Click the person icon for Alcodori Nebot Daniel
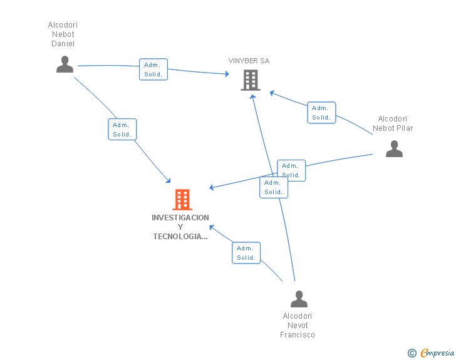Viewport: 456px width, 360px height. click(x=65, y=64)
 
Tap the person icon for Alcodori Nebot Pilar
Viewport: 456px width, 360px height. click(x=394, y=148)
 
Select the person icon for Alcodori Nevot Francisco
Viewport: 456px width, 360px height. click(x=299, y=299)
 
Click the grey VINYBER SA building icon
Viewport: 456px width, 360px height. click(x=251, y=80)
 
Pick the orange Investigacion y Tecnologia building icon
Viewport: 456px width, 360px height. click(x=182, y=200)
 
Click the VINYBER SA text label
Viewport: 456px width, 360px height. click(x=249, y=61)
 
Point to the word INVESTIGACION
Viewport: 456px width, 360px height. click(x=180, y=217)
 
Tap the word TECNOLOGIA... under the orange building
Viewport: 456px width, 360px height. click(x=180, y=237)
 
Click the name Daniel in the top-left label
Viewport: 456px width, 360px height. click(x=63, y=44)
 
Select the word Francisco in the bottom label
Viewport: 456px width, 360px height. click(x=297, y=335)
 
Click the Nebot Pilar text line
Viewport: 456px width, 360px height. click(x=393, y=128)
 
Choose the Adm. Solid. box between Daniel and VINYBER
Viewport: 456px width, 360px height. click(x=153, y=69)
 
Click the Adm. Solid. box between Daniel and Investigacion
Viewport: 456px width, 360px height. click(x=122, y=130)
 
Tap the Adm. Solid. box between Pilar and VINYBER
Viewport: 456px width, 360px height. click(x=321, y=113)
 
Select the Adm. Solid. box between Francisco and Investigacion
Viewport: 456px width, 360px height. click(x=246, y=253)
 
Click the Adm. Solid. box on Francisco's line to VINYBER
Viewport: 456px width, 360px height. click(x=274, y=187)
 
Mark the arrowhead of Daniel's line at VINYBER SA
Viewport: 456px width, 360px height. click(x=227, y=74)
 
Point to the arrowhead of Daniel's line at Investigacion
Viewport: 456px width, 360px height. click(x=168, y=180)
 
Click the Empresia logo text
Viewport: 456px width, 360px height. click(x=437, y=352)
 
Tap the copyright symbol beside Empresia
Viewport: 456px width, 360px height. click(x=412, y=353)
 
